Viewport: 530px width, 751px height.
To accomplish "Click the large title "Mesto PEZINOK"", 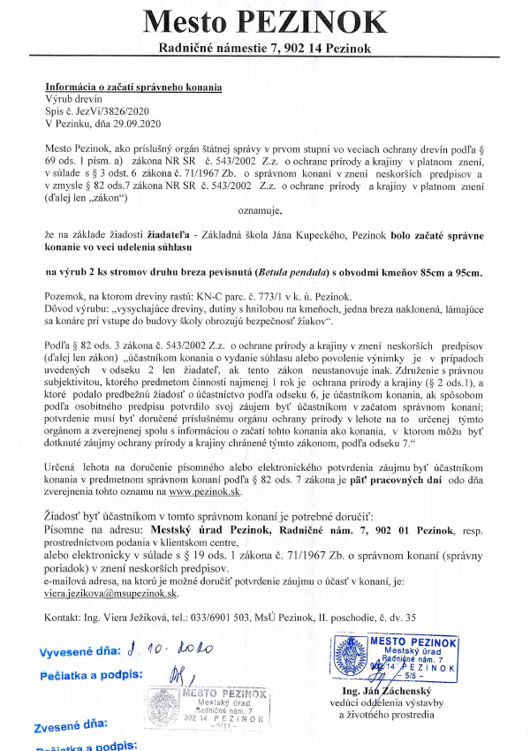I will (265, 21).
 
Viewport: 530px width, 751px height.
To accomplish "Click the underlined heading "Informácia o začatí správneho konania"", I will (133, 87).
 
